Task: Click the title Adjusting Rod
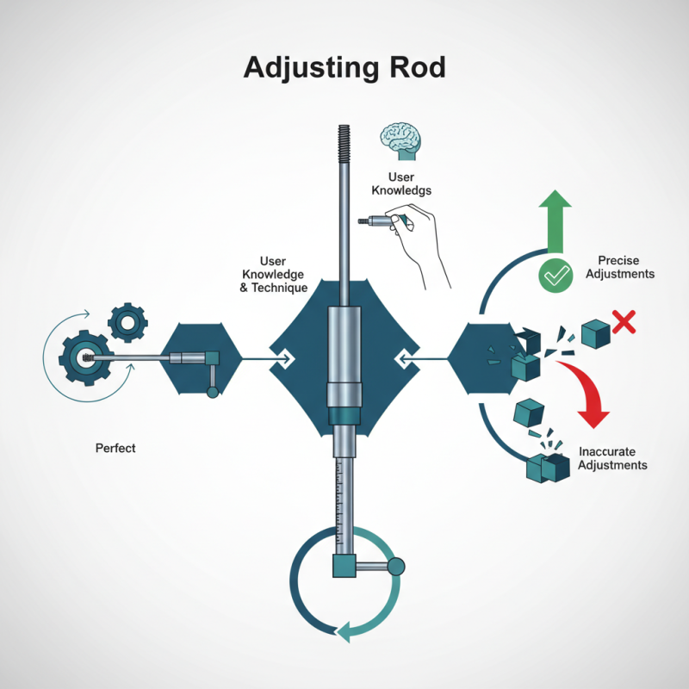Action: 344,67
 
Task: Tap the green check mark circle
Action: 556,276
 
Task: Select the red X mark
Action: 624,323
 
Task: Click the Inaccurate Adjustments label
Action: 612,458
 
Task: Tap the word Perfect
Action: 115,449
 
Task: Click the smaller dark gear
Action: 127,323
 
